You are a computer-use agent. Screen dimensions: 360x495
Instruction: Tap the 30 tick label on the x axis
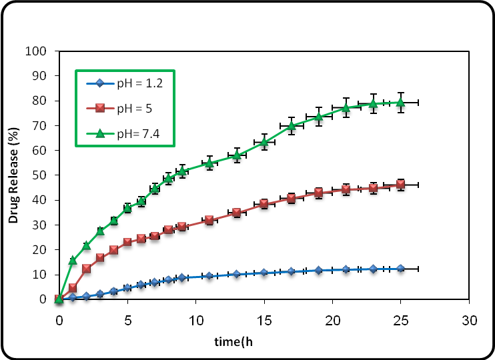[470, 320]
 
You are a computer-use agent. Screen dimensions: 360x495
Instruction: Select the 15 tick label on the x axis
[264, 320]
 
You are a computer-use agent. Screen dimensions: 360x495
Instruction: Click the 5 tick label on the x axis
[127, 320]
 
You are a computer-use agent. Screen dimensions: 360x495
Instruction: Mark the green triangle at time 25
[401, 102]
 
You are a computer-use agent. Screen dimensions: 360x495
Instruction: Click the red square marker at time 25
[401, 184]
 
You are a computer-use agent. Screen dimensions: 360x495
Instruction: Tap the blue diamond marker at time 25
[401, 268]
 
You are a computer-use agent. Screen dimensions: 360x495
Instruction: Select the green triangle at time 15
[264, 141]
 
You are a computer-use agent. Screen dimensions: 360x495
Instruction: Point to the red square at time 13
[237, 213]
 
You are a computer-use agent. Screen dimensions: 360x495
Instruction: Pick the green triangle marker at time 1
[73, 260]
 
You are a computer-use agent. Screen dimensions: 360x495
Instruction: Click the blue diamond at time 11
[209, 275]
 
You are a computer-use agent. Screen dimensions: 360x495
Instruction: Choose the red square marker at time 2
[87, 268]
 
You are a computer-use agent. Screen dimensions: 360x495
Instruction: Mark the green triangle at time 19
[319, 116]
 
